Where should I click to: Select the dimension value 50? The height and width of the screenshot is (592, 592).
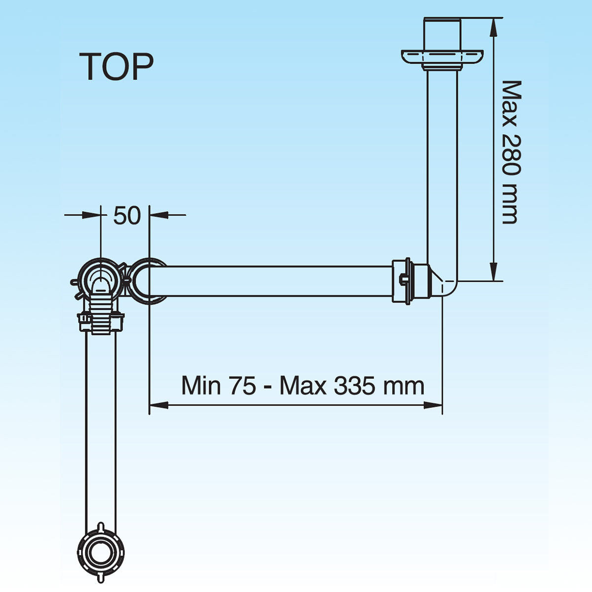127,216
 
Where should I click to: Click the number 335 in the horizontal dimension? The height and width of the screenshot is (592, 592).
354,385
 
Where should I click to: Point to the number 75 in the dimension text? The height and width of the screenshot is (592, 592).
242,385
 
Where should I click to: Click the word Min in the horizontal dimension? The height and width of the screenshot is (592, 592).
201,385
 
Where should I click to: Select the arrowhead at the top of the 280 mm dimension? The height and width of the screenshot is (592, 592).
493,27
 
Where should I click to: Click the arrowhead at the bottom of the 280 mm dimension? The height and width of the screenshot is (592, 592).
493,272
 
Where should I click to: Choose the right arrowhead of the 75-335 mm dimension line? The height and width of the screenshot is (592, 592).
433,405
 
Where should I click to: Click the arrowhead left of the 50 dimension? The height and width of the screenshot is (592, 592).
91,215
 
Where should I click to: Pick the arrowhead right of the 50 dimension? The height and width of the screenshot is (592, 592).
159,215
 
